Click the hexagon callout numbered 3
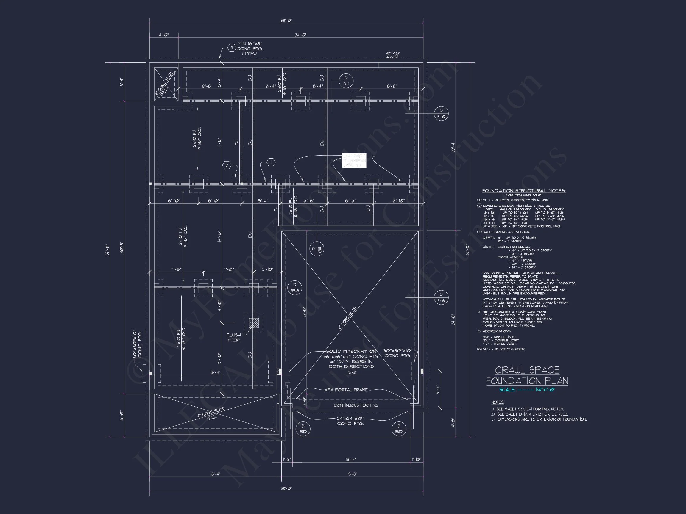(231, 48)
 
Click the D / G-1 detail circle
(346, 81)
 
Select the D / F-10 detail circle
(441, 114)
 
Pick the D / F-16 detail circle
(441, 297)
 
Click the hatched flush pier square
(254, 323)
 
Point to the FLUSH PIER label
(233, 337)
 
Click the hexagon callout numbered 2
(227, 165)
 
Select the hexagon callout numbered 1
(271, 162)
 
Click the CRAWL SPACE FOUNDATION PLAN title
(527, 375)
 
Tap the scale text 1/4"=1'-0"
(545, 390)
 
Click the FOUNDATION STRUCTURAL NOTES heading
(524, 191)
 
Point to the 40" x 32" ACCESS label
(393, 55)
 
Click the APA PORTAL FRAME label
(346, 390)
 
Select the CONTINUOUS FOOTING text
(356, 405)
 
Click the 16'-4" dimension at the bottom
(351, 460)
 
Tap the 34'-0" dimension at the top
(300, 35)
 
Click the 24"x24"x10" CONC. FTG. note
(350, 421)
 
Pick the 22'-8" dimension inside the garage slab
(304, 312)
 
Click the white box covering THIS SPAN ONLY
(354, 161)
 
